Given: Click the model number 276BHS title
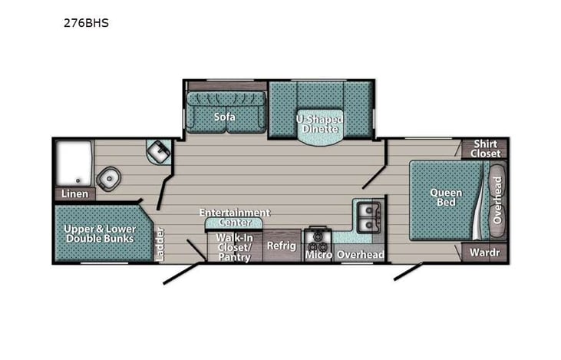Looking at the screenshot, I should [87, 23].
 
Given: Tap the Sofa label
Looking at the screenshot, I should [225, 117].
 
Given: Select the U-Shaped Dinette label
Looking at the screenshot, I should [319, 123].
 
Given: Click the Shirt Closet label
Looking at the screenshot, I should [485, 148].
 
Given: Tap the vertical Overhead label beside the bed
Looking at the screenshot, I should [497, 200].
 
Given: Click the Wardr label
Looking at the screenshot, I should [484, 252].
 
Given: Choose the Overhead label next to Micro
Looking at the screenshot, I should [360, 254].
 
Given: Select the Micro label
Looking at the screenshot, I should [318, 254].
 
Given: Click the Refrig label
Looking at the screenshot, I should [280, 246].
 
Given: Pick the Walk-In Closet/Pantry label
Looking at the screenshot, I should [233, 247].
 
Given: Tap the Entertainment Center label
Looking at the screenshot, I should [234, 217].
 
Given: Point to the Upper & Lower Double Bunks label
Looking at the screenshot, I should [99, 233].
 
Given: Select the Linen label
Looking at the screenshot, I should [74, 193].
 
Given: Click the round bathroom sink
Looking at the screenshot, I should [108, 177].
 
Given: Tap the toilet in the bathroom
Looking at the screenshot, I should [159, 150].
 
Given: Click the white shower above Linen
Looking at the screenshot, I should [73, 162].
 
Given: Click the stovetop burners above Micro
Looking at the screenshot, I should [317, 236].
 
